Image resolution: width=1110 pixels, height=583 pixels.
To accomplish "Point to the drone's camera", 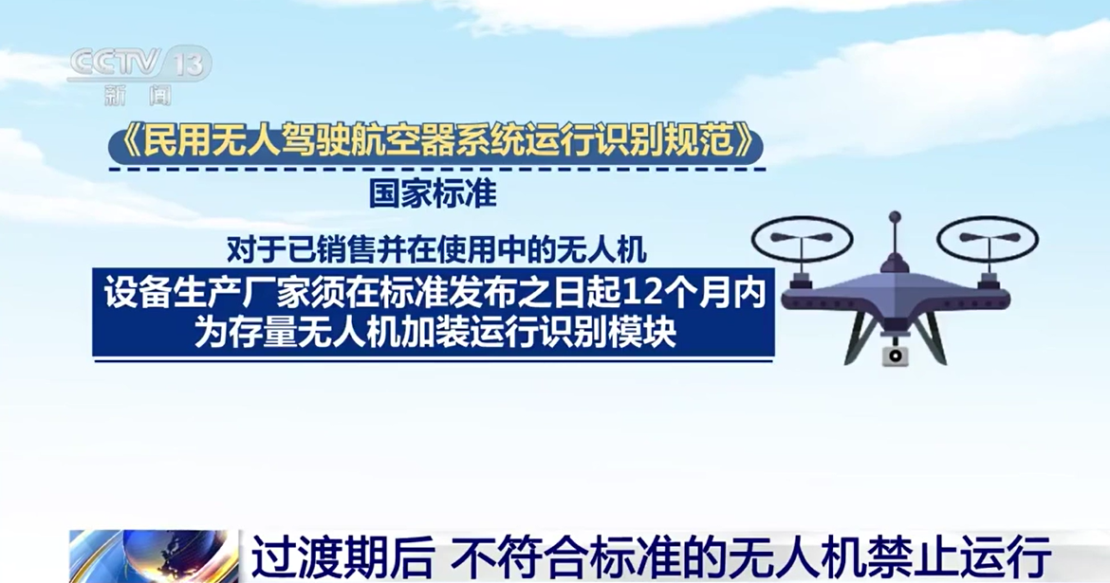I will tap(894, 355).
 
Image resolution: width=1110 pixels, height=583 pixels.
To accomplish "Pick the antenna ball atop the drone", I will tap(894, 217).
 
